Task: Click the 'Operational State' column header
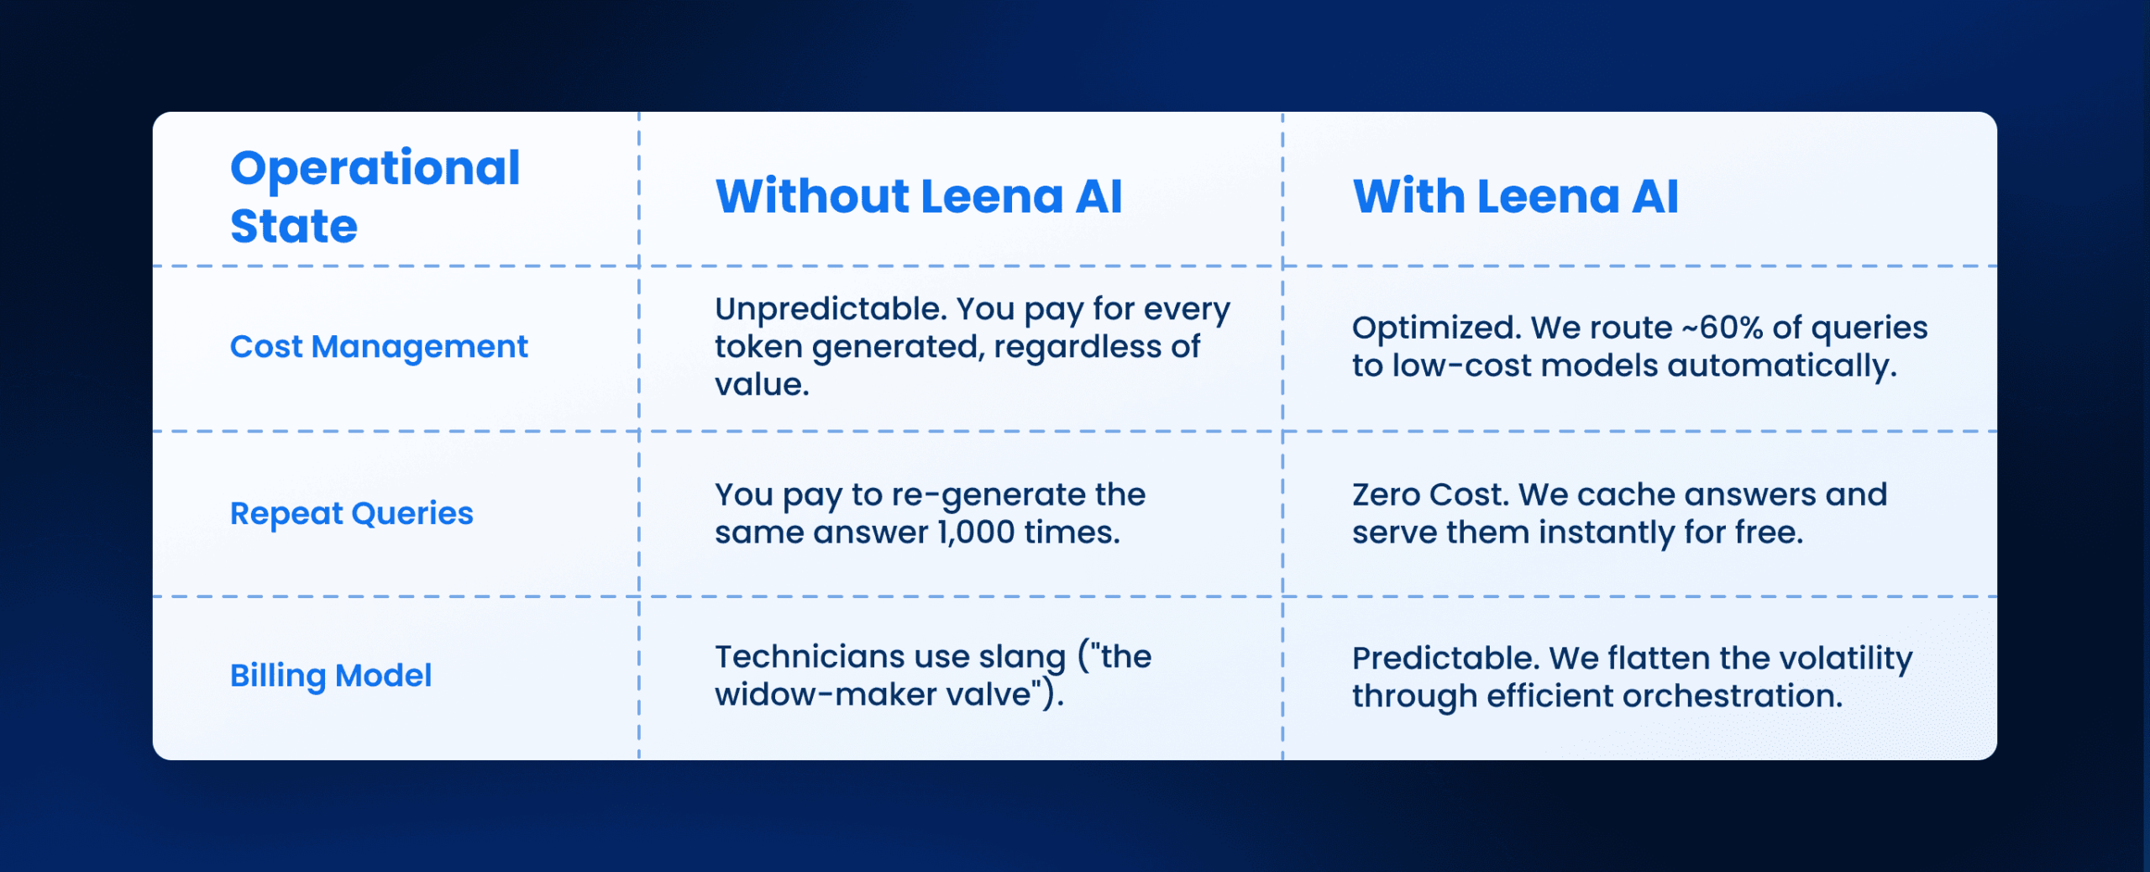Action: [x=375, y=196]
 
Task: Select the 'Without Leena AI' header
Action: [x=918, y=197]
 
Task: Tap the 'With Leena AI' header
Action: [x=1515, y=197]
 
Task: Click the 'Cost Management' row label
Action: [x=379, y=346]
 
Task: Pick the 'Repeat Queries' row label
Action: [x=351, y=512]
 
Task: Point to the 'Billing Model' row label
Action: [x=331, y=675]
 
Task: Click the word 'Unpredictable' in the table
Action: [x=830, y=309]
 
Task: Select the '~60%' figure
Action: [x=1721, y=328]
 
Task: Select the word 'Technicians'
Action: [x=805, y=657]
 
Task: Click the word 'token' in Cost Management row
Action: [x=758, y=347]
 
